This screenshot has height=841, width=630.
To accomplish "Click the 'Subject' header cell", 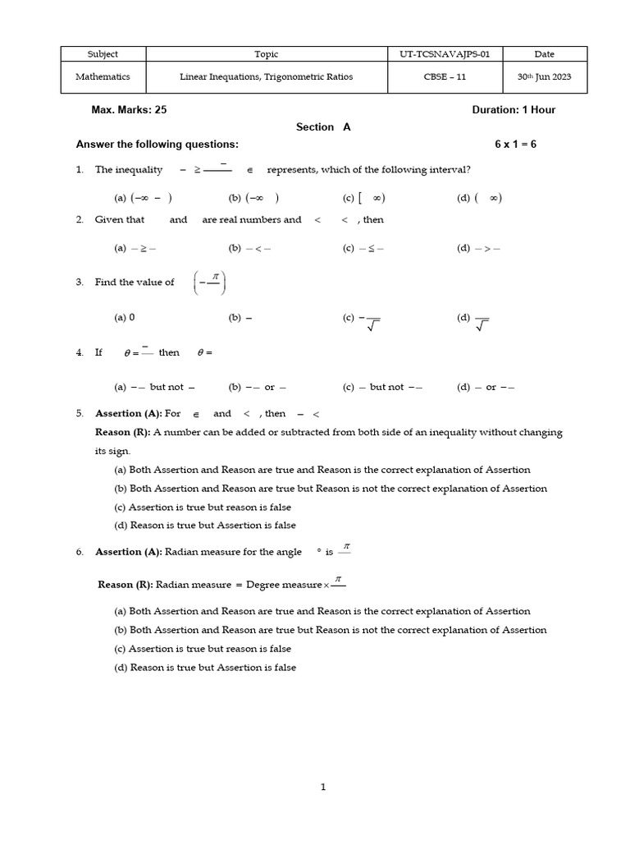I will click(103, 54).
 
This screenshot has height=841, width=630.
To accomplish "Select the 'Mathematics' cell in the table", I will click(103, 78).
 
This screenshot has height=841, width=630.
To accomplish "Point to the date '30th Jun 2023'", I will click(544, 78).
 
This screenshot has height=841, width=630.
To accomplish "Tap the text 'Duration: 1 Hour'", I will click(514, 109).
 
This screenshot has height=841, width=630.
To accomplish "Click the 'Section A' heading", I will click(323, 127).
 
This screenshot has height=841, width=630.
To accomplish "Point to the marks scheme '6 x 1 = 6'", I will click(515, 145).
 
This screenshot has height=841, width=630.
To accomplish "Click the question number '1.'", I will click(80, 170).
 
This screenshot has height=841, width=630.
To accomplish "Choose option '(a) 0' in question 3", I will click(124, 317).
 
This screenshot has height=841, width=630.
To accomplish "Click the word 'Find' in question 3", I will click(105, 283).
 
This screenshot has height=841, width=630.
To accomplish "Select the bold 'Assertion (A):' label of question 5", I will click(129, 414).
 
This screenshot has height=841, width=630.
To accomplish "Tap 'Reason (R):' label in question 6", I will click(125, 585).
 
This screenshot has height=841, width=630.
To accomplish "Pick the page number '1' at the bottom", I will click(323, 788).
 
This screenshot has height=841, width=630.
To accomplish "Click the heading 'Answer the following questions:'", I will click(157, 145).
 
